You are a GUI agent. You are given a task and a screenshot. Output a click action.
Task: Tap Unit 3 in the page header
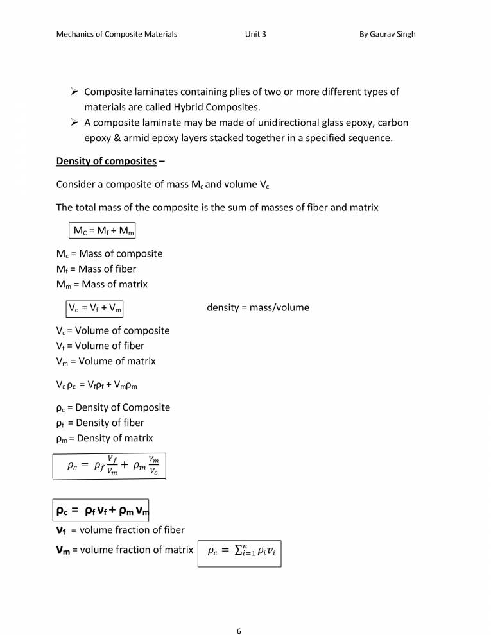[255, 34]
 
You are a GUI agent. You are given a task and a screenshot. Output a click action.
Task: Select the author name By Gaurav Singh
[387, 34]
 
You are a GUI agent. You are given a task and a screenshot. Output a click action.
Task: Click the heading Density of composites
[106, 161]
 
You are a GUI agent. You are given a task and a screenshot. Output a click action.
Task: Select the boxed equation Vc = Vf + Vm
[95, 308]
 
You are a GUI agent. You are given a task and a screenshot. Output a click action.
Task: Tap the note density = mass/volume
[257, 308]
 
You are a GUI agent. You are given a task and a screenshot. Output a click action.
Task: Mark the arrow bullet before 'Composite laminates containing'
[74, 92]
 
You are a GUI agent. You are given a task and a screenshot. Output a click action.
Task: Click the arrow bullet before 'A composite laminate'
[74, 123]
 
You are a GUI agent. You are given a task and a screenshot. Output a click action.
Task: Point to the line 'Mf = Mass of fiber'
[96, 269]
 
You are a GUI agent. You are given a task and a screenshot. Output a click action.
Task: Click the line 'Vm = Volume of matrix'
[106, 361]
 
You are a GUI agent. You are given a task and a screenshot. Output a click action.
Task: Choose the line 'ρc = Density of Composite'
[113, 408]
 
